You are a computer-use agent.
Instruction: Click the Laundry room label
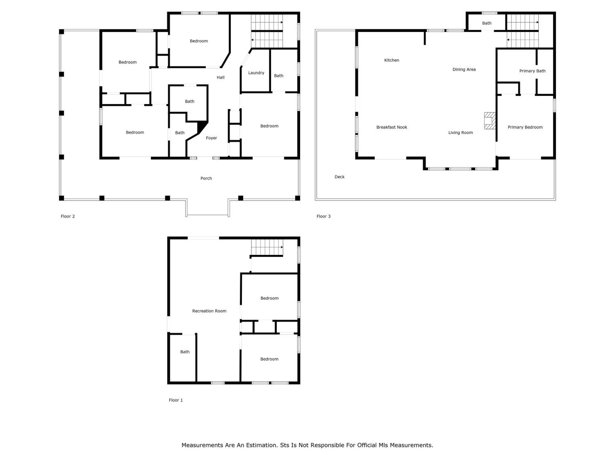click(256, 73)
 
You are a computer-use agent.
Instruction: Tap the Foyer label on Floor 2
click(211, 138)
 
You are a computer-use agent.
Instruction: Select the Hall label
click(220, 77)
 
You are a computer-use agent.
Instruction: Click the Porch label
click(206, 178)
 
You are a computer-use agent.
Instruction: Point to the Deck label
click(339, 177)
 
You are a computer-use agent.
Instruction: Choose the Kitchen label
click(392, 60)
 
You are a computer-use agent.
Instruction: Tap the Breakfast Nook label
click(392, 127)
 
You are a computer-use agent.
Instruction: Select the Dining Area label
click(464, 69)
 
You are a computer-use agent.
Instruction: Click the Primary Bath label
click(532, 71)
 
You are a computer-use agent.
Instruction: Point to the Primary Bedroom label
click(525, 127)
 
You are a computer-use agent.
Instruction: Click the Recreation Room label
click(209, 311)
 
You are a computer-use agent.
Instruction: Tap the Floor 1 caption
click(176, 400)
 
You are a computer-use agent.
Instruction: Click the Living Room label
click(460, 133)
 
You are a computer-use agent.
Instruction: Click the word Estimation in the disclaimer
click(261, 445)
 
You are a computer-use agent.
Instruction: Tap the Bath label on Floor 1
click(185, 352)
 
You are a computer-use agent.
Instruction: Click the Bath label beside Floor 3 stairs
click(486, 23)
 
